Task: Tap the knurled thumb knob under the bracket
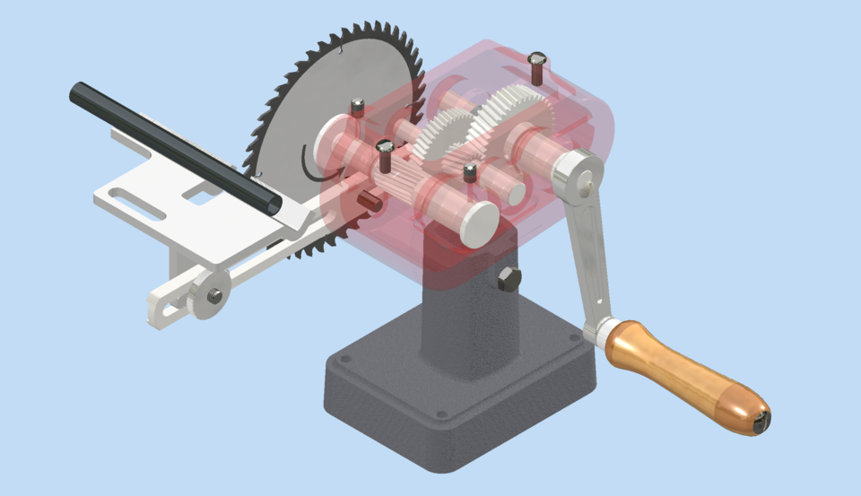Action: click(208, 295)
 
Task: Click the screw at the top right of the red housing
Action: click(536, 67)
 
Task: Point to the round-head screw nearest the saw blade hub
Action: click(357, 107)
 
